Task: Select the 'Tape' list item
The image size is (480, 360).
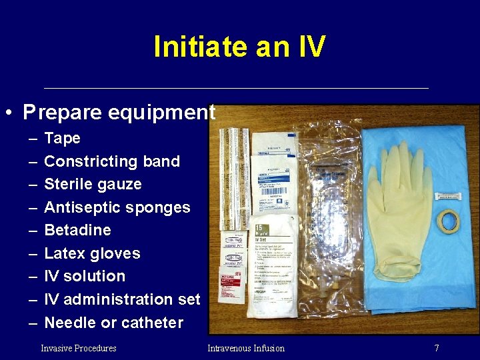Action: pos(62,139)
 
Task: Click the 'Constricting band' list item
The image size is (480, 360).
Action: pos(111,161)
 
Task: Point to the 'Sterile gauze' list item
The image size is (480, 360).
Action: pos(93,184)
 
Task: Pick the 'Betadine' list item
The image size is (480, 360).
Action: pos(77,230)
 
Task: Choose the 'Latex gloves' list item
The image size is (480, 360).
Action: pos(92,253)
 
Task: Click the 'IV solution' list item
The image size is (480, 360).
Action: pos(84,276)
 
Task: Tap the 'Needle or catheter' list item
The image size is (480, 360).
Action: pos(113,323)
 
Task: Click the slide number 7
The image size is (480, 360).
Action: pos(436,348)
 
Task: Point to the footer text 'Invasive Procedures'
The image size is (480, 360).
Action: pos(79,348)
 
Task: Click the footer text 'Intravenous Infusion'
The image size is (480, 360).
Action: pos(246,348)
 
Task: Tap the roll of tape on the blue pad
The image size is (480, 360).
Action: pos(448,220)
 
